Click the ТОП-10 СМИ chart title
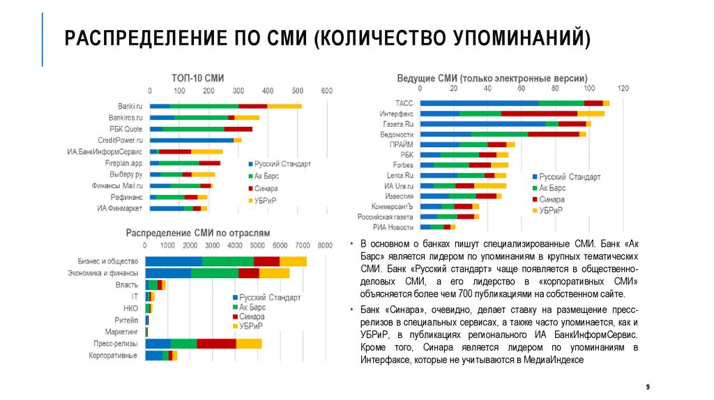[198, 78]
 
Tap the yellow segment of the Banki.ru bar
[284, 106]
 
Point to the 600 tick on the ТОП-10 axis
[326, 91]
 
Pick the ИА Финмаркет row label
[120, 208]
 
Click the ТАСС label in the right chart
[404, 103]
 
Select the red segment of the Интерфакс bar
[539, 113]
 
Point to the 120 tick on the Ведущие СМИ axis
[623, 89]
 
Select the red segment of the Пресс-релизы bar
[216, 344]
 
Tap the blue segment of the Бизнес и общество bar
[174, 261]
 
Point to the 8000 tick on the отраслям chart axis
[324, 246]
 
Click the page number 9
[648, 386]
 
